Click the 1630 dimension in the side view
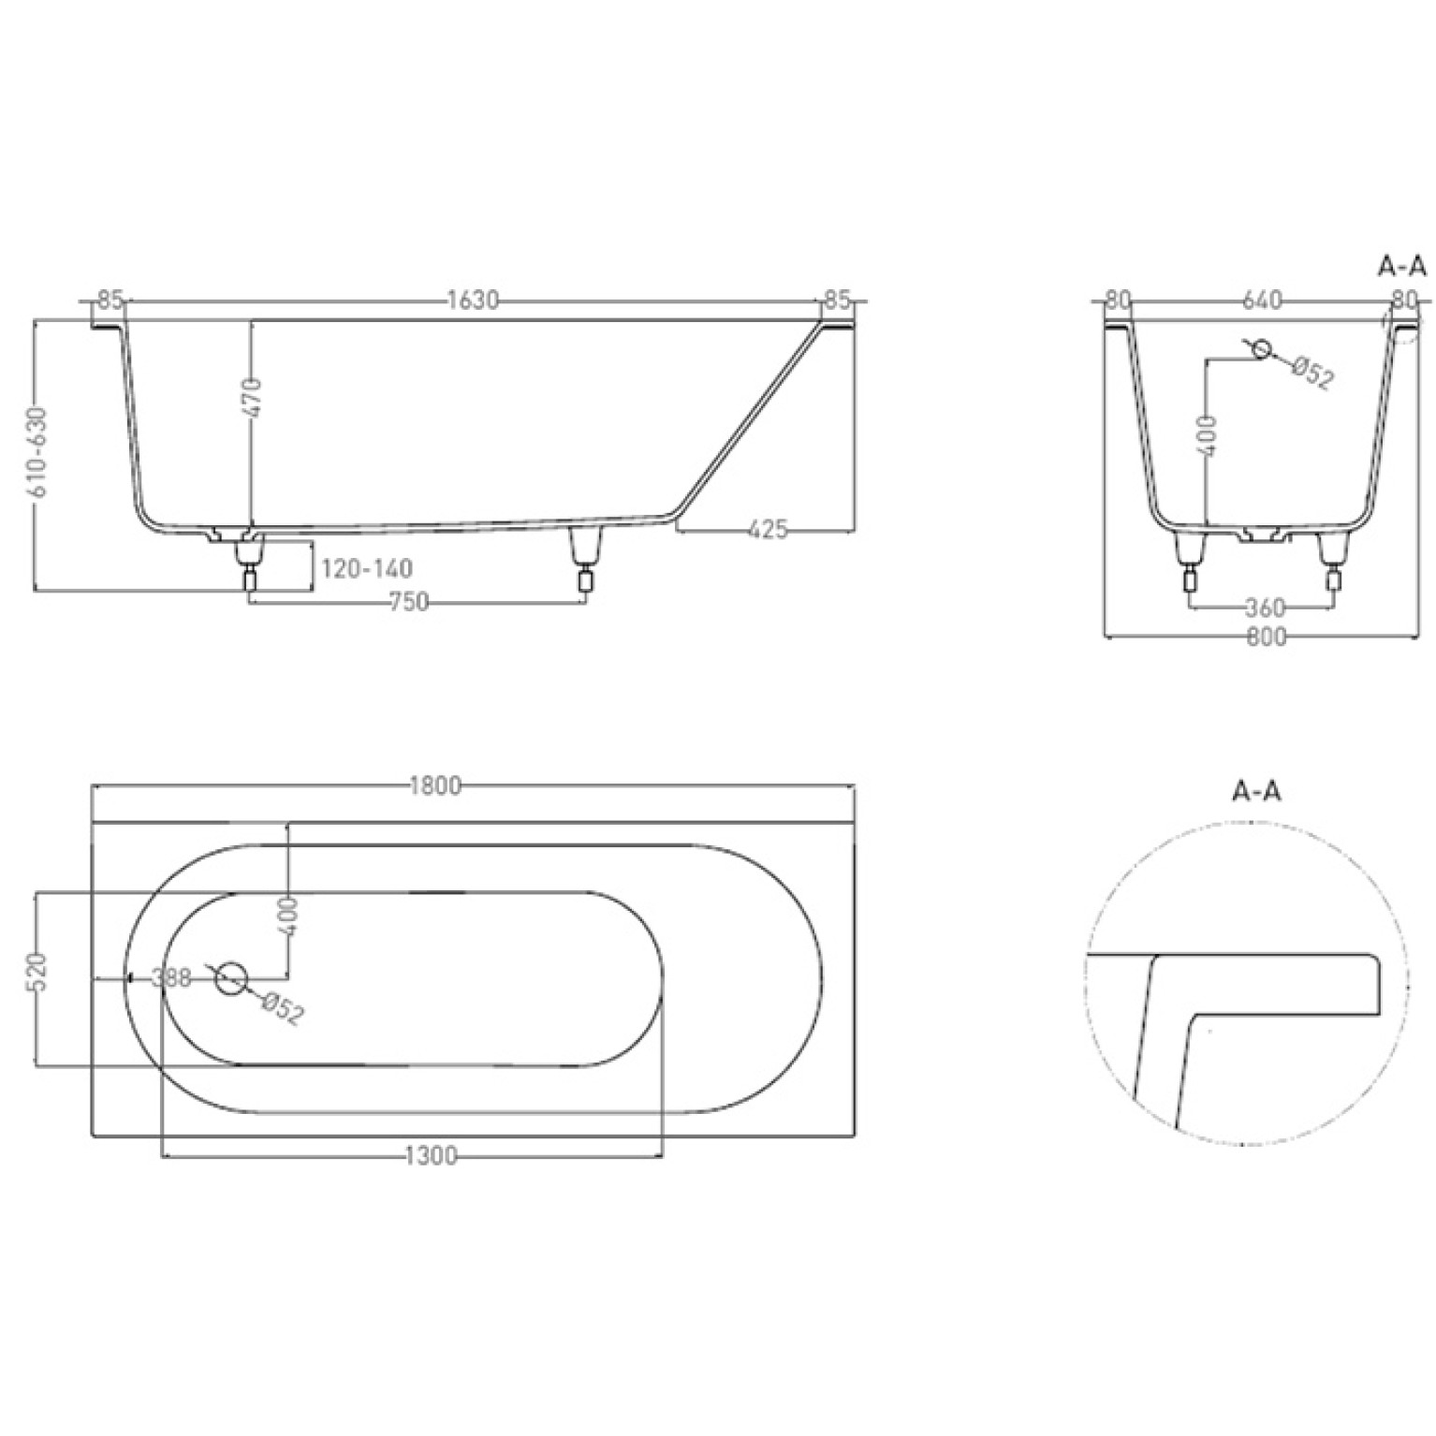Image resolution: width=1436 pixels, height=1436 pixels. tap(473, 300)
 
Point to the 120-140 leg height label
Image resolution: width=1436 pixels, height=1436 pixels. tap(366, 568)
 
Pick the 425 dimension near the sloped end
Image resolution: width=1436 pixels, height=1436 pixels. tap(768, 530)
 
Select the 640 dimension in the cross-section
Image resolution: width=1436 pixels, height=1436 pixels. tap(1262, 300)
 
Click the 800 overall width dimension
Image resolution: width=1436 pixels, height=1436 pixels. tap(1267, 637)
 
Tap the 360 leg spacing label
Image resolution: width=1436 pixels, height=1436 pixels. tap(1265, 608)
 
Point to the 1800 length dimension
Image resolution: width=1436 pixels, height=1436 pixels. tap(436, 786)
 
